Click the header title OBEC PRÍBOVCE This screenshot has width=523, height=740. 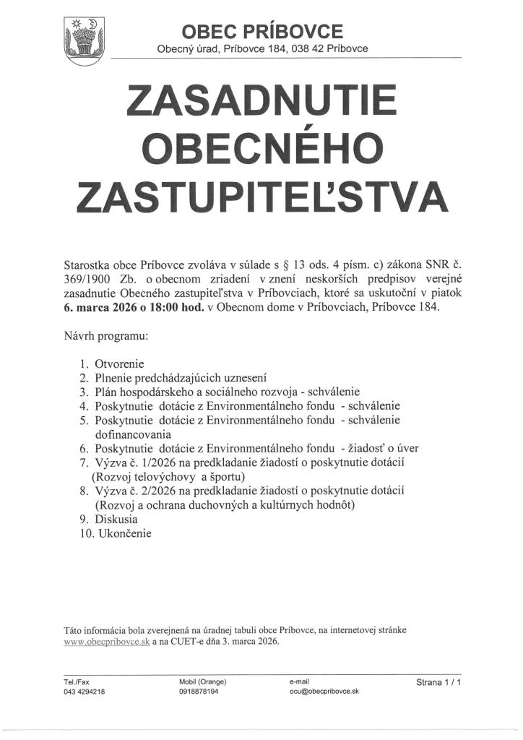[x=262, y=31]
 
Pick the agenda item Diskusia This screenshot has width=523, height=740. [x=116, y=519]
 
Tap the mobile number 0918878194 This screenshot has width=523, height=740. [x=199, y=692]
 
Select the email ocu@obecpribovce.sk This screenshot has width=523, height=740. [x=324, y=692]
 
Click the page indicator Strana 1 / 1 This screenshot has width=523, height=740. [x=438, y=681]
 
